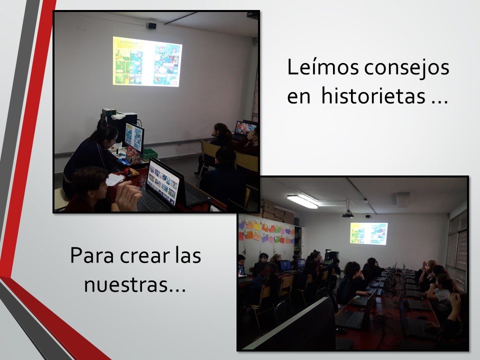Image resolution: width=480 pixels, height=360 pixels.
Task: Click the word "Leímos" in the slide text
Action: [x=322, y=67]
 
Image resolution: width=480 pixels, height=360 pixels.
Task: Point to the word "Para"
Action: [x=92, y=255]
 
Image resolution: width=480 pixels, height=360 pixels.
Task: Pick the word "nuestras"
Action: [x=126, y=285]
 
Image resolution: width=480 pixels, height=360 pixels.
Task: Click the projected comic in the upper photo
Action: [x=147, y=61]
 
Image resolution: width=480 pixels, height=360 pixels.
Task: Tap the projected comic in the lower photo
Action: [x=369, y=233]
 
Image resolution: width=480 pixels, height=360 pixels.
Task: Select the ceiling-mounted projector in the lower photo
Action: [x=348, y=214]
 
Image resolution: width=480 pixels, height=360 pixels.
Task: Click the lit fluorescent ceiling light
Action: [x=302, y=201]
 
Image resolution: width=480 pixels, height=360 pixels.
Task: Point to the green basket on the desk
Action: [x=149, y=154]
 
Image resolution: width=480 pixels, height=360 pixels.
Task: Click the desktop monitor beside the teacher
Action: [x=134, y=137]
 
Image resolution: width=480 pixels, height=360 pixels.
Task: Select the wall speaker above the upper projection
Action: [x=151, y=25]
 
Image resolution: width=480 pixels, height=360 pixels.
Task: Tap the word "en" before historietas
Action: [x=299, y=97]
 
